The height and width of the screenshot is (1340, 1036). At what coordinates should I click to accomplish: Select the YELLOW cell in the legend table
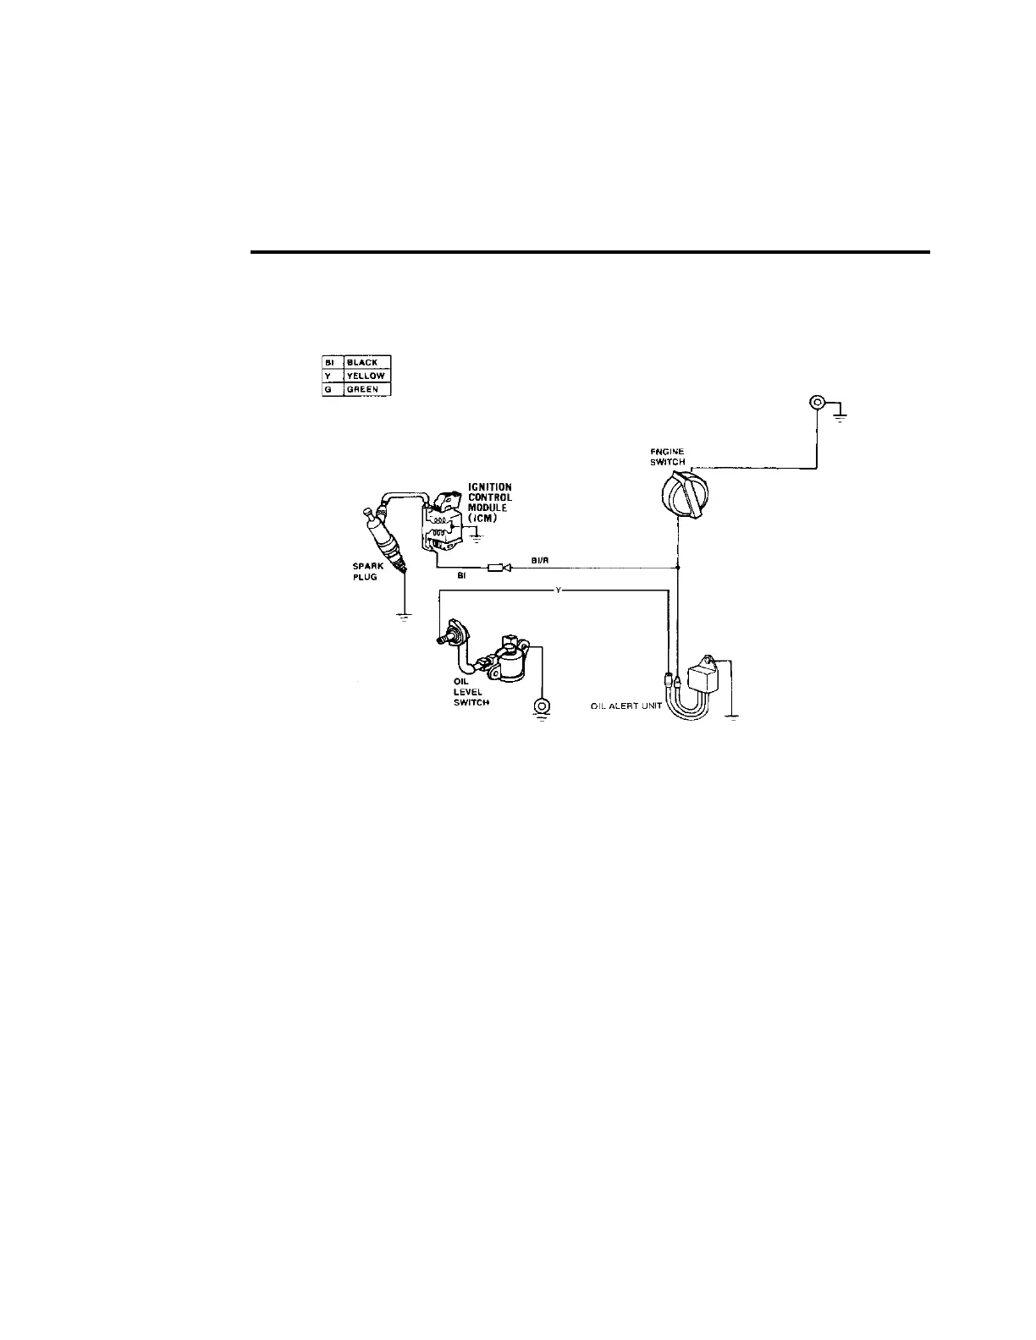366,376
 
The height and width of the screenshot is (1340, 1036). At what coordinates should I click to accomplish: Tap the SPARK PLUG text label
368,572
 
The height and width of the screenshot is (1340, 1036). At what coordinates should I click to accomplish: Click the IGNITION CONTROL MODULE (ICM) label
490,502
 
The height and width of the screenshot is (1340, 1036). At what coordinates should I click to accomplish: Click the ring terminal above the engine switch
818,403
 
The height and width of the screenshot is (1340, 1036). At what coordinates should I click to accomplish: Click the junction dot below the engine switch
679,568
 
